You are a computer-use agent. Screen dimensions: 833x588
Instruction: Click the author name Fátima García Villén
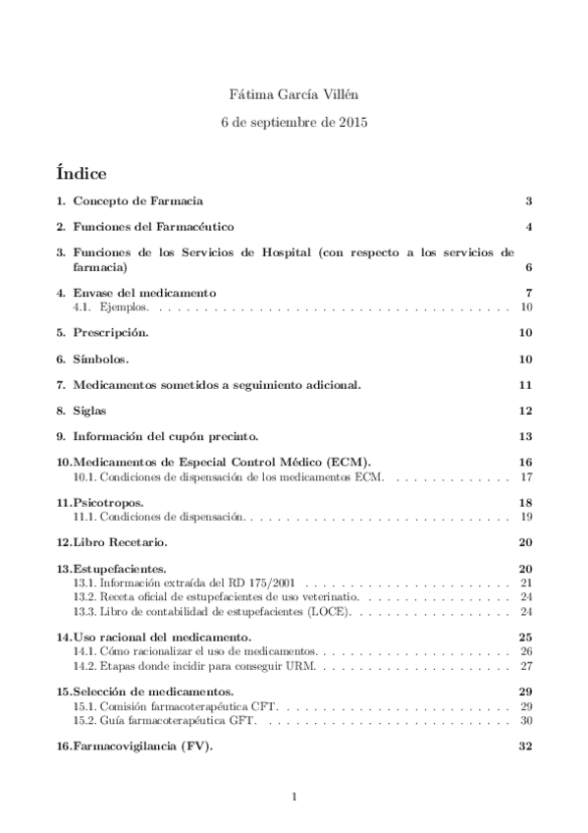(x=294, y=96)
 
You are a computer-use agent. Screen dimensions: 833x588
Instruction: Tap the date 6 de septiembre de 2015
(x=294, y=124)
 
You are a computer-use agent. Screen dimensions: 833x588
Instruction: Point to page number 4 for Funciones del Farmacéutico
(x=528, y=227)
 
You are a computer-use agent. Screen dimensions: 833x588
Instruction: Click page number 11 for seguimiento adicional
(x=525, y=384)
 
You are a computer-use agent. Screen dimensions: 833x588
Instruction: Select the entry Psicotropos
(x=109, y=502)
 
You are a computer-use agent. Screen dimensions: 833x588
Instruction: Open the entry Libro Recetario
(x=119, y=541)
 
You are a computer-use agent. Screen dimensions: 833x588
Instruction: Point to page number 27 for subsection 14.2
(x=525, y=665)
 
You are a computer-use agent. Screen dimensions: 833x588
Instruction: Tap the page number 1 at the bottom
(x=294, y=797)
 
